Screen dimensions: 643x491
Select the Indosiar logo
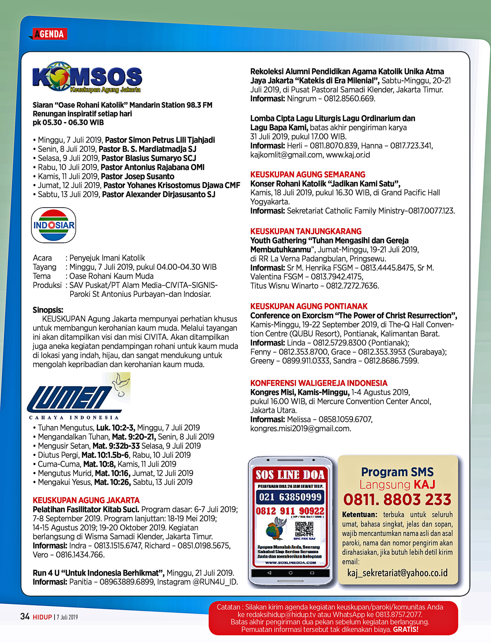(x=54, y=225)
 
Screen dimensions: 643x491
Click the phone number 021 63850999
(x=290, y=497)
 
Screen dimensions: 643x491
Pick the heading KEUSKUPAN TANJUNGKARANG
(x=306, y=231)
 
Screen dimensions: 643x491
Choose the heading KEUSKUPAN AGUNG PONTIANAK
(x=309, y=306)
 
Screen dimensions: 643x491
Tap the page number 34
(x=25, y=616)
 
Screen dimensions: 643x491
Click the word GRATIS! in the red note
(x=406, y=629)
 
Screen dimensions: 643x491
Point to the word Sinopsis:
(x=48, y=310)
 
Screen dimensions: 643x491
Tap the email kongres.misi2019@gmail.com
(x=301, y=428)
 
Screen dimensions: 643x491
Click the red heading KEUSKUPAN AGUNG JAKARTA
(x=86, y=500)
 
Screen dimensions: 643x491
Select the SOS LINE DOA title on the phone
(x=290, y=475)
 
